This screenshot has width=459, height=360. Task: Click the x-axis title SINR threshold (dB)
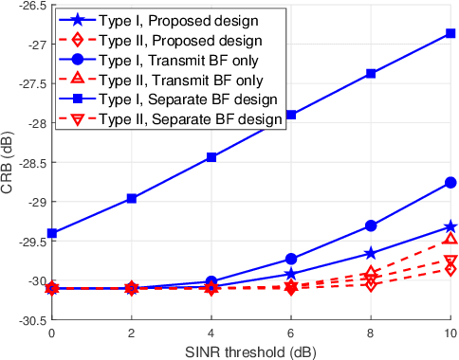(x=251, y=351)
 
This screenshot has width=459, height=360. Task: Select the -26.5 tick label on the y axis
(x=28, y=6)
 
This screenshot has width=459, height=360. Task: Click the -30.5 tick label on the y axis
(x=28, y=320)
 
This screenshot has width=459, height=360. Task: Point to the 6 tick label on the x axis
(x=291, y=333)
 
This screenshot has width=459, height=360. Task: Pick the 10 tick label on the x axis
(x=450, y=333)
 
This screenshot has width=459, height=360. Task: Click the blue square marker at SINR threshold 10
(x=450, y=33)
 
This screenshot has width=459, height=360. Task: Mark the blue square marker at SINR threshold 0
(x=52, y=233)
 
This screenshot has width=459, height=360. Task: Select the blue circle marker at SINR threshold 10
(x=450, y=182)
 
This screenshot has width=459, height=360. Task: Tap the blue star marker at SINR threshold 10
(x=450, y=226)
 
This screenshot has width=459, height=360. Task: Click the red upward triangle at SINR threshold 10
(x=450, y=240)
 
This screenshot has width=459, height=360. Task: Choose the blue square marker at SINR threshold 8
(x=371, y=73)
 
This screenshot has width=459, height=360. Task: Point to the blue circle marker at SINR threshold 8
(x=371, y=225)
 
